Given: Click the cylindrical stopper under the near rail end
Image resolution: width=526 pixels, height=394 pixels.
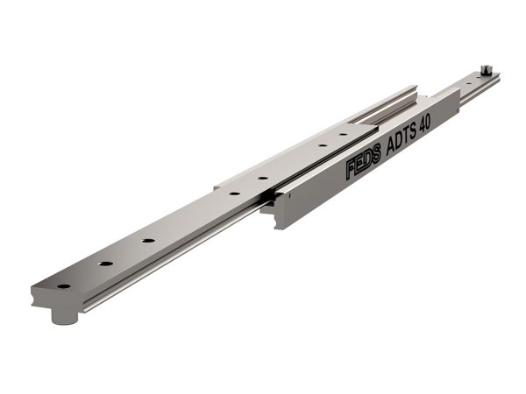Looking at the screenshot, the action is pos(64,317).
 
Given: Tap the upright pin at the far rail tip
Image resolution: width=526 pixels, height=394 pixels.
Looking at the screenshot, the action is pos(485,70).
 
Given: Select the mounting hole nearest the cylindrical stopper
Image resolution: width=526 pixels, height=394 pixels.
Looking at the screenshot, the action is pos(64,286).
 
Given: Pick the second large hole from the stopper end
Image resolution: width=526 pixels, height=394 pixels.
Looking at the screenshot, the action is pos(106,264).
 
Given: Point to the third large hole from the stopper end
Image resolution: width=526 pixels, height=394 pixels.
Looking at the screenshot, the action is pos(148,241).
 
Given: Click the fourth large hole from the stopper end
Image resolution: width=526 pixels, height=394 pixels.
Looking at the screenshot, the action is pos(234,193).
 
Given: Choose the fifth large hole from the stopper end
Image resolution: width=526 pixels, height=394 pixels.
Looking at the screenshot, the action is pos(263,178).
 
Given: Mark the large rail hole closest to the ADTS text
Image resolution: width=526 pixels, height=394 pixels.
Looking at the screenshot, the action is pos(343,134).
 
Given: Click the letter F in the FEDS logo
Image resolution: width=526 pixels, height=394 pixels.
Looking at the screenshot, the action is pos(352,169).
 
